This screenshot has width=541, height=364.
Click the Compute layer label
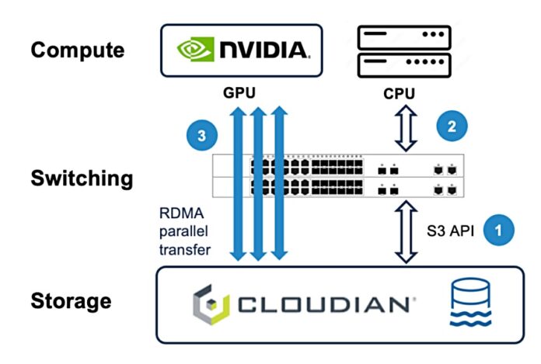coord(77,50)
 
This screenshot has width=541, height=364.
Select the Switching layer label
coord(82,179)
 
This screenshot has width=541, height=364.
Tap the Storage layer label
coord(72,301)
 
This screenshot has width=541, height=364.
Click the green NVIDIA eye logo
coord(194,50)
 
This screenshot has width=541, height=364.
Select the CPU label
coord(400,94)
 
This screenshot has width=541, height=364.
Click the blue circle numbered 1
coord(498,230)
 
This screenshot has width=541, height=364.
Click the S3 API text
coord(451,231)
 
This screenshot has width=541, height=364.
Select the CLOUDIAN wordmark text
coord(323,304)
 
